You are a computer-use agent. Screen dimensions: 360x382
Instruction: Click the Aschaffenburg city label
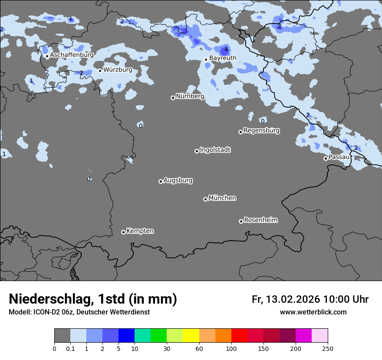[x=72, y=55]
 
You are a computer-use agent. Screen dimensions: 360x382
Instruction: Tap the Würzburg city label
[x=118, y=69]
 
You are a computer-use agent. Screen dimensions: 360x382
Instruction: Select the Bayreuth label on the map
[x=223, y=58]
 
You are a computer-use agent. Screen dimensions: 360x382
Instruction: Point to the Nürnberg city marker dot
[x=173, y=98]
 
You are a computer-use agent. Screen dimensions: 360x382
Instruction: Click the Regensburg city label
[x=261, y=130]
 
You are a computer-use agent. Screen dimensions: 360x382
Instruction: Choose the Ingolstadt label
[x=215, y=150]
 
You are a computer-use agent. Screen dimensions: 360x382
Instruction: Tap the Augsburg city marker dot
[x=161, y=181]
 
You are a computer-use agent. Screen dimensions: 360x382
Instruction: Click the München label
[x=222, y=198]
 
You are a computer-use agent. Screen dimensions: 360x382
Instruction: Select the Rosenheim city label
[x=260, y=220]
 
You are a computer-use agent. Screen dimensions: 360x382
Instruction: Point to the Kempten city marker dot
[x=123, y=232]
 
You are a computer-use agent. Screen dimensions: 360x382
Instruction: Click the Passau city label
[x=339, y=157]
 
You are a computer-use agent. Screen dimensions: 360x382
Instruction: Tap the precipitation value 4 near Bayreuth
[x=226, y=49]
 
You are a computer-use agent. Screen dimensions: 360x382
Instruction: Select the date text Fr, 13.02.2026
[x=286, y=299]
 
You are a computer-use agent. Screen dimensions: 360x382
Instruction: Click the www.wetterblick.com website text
[x=313, y=312]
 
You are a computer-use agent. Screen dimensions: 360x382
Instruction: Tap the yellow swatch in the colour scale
[x=191, y=336]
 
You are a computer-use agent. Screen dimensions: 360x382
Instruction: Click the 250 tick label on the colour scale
[x=328, y=349]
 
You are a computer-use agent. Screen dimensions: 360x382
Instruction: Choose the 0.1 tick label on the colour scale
[x=70, y=349]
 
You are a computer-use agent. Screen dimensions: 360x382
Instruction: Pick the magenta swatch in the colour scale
[x=303, y=336]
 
